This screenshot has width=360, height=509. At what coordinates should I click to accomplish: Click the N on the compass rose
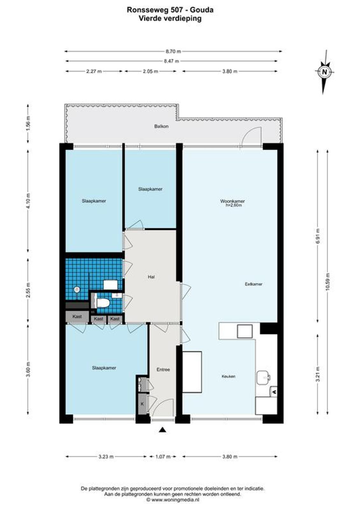click(x=325, y=72)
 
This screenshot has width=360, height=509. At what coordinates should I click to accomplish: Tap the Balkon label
click(x=161, y=126)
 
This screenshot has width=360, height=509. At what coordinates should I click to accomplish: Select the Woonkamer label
click(x=232, y=201)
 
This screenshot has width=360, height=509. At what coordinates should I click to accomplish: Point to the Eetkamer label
click(x=254, y=284)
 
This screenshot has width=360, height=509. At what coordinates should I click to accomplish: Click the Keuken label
click(x=229, y=377)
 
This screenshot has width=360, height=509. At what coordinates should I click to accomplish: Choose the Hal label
click(x=151, y=277)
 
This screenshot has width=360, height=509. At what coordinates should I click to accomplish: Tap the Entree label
click(x=163, y=370)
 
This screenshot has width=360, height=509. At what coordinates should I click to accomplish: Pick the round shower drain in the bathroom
click(x=77, y=289)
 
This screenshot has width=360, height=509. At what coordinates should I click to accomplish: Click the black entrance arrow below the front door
click(x=162, y=430)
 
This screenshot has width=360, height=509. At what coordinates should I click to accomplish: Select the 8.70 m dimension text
click(x=173, y=51)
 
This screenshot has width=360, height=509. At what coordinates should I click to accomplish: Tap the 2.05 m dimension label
click(x=150, y=71)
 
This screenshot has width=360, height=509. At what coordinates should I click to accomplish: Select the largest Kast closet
click(x=77, y=316)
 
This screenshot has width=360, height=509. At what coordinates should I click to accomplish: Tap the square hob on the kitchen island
click(x=245, y=331)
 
